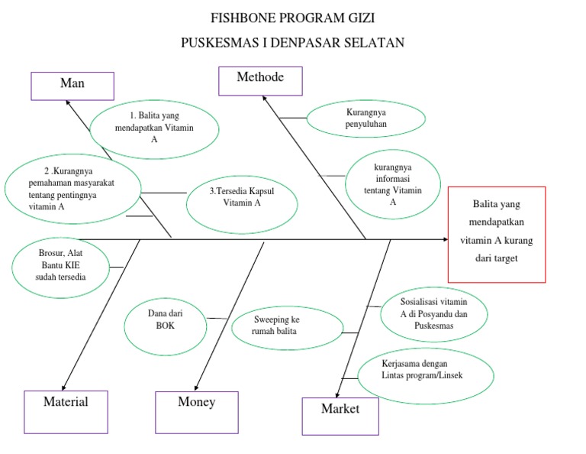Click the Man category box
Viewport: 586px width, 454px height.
72,86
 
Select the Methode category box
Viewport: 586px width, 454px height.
260,80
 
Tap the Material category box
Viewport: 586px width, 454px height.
66,411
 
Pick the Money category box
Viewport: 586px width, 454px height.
197,411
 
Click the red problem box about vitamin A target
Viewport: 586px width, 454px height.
496,234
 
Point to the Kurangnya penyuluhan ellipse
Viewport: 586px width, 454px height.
366,118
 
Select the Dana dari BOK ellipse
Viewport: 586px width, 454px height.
165,319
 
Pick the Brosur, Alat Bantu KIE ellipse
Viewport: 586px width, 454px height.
61,264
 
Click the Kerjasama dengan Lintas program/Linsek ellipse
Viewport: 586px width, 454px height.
422,375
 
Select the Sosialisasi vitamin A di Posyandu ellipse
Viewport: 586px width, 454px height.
433,314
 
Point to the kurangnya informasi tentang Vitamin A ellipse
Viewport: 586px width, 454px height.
393,184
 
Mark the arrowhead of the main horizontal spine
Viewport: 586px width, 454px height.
445,240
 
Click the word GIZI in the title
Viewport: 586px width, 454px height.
359,18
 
